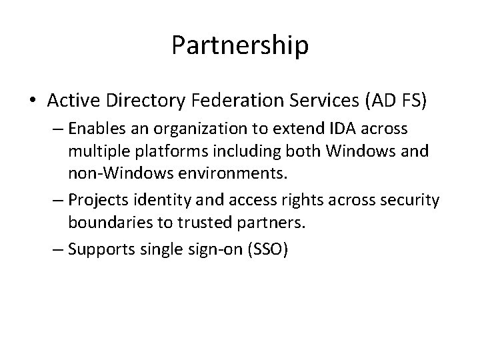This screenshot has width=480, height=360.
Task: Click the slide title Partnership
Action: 240,45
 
